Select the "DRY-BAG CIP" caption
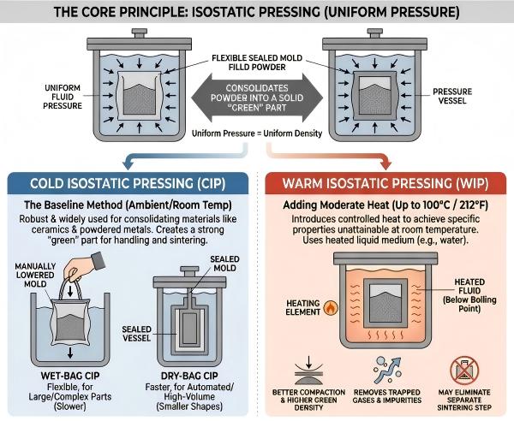tap(193, 374)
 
